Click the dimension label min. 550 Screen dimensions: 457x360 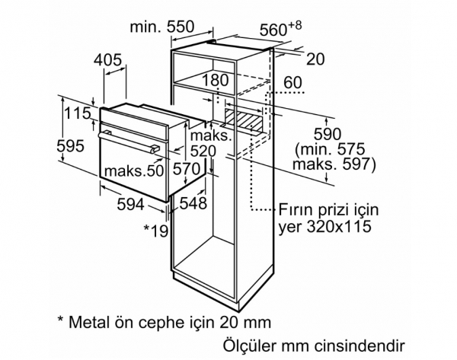161,27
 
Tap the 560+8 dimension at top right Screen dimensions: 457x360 280,29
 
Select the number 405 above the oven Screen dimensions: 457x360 107,60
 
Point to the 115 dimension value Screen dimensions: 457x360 78,113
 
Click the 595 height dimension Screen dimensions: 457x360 70,145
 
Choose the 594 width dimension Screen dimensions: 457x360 130,204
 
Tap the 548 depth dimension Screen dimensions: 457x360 193,203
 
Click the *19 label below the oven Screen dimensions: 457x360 156,231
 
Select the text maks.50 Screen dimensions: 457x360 134,170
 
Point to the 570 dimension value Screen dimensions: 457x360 187,169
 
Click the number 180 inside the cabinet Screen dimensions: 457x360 215,80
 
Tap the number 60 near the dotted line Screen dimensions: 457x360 292,82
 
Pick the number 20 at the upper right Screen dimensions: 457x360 315,59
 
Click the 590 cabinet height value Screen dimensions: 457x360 328,134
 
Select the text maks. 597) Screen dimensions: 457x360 334,164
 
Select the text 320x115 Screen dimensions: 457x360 339,226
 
